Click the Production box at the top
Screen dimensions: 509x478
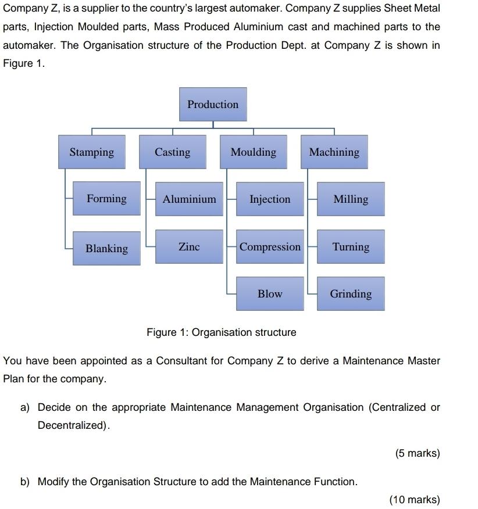click(x=213, y=105)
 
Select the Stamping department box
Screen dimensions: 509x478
click(x=92, y=152)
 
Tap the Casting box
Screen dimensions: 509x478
click(x=172, y=152)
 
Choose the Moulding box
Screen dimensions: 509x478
click(x=254, y=152)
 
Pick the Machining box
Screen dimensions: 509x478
click(x=334, y=152)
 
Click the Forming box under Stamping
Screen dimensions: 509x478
click(x=106, y=199)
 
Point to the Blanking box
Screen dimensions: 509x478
click(x=106, y=248)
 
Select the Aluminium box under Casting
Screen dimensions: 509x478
click(x=189, y=199)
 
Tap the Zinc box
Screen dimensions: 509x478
click(x=189, y=247)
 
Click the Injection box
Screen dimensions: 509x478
click(x=270, y=199)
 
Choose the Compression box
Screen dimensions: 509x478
click(x=270, y=247)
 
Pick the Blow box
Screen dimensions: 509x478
click(x=270, y=294)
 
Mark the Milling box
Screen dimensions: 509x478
click(x=351, y=199)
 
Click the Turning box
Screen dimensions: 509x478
click(x=351, y=247)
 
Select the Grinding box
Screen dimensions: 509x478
click(x=351, y=294)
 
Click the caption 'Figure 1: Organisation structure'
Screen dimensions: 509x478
click(x=221, y=332)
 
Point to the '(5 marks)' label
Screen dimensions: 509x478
click(x=417, y=453)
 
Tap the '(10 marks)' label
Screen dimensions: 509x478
click(x=415, y=500)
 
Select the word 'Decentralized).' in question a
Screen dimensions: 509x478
click(x=74, y=425)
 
